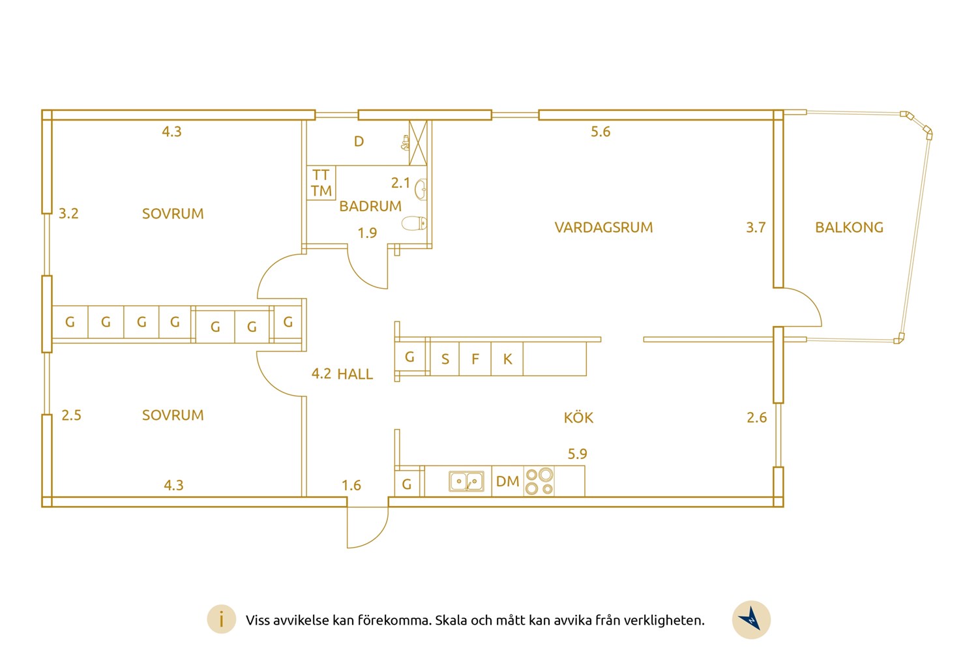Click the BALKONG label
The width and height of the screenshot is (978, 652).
849,228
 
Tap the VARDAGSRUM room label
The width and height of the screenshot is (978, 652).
604,228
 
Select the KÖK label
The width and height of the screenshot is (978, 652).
578,417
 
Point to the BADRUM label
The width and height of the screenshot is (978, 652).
370,206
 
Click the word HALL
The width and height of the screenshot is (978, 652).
355,374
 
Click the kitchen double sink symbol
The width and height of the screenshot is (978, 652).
467,481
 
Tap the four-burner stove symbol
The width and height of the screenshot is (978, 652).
539,481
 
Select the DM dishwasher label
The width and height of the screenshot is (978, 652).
508,481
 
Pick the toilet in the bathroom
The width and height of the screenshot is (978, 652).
414,223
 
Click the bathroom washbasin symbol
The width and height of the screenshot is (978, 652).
421,190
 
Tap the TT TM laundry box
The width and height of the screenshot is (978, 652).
321,183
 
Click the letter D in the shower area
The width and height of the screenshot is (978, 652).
359,141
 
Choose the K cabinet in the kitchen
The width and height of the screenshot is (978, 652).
507,359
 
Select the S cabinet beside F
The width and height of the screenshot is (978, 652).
445,359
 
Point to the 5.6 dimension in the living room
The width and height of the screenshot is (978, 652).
600,132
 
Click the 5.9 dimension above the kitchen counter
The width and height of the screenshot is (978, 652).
577,454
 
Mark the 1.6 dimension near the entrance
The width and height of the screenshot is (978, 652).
351,485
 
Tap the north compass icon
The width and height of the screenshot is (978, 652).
751,620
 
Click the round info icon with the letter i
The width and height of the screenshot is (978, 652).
222,619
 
